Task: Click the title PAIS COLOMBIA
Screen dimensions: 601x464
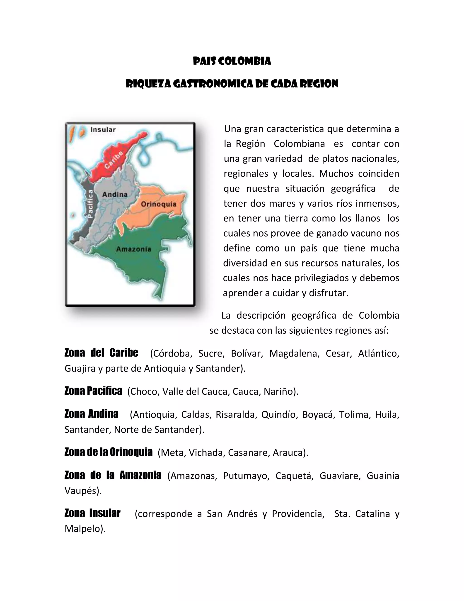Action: click(x=232, y=61)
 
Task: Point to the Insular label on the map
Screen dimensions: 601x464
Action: click(x=103, y=129)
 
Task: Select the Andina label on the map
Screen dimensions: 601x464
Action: click(x=115, y=195)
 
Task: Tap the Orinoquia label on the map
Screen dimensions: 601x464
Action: click(x=159, y=204)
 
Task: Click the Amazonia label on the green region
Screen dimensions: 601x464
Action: click(x=134, y=249)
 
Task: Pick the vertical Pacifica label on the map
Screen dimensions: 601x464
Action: click(x=90, y=204)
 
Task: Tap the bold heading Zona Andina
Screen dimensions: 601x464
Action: click(x=91, y=414)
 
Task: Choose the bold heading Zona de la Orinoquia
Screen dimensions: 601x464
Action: click(x=108, y=452)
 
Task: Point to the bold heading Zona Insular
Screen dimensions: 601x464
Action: click(x=92, y=513)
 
